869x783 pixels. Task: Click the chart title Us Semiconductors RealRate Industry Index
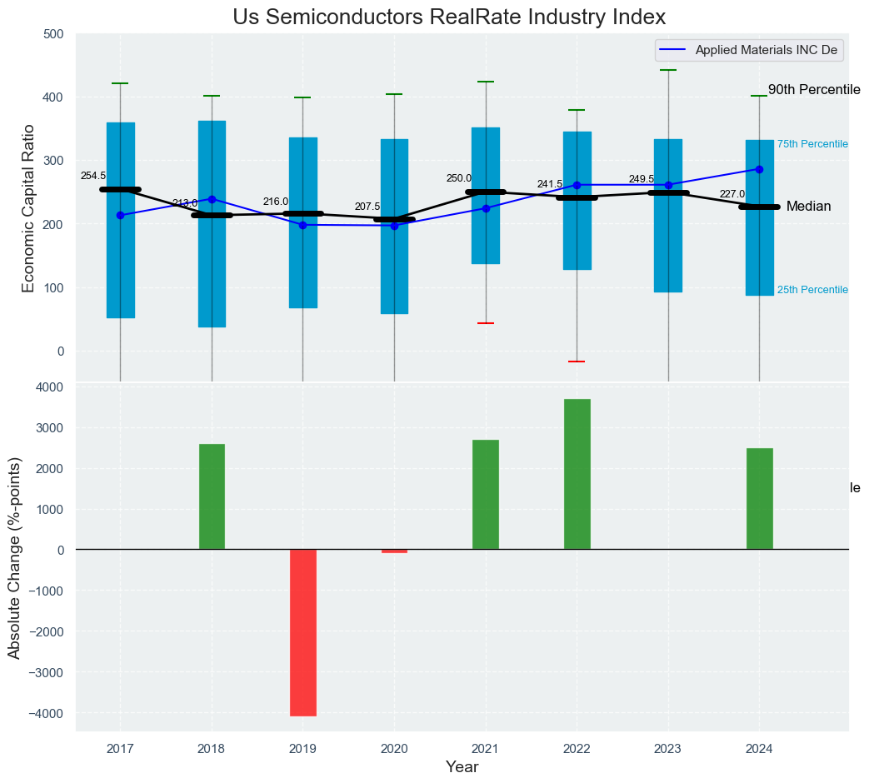click(449, 17)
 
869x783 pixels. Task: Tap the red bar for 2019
click(303, 632)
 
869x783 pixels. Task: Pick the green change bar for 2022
click(577, 474)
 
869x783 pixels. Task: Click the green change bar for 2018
click(212, 496)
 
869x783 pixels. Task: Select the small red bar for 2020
click(394, 551)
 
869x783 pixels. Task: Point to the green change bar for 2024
click(759, 498)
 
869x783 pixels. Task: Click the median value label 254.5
click(93, 176)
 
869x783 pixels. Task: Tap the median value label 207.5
click(367, 207)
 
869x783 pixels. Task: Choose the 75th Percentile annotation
click(812, 144)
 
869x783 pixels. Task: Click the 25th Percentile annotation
click(812, 290)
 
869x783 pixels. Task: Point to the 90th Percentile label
click(813, 89)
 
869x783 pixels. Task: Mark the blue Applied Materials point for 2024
click(759, 169)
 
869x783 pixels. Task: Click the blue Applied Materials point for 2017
click(120, 215)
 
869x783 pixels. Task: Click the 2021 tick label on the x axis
click(486, 749)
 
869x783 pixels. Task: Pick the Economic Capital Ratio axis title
click(29, 207)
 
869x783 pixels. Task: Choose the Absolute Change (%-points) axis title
click(15, 557)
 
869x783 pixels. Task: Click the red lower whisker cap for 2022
click(577, 362)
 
